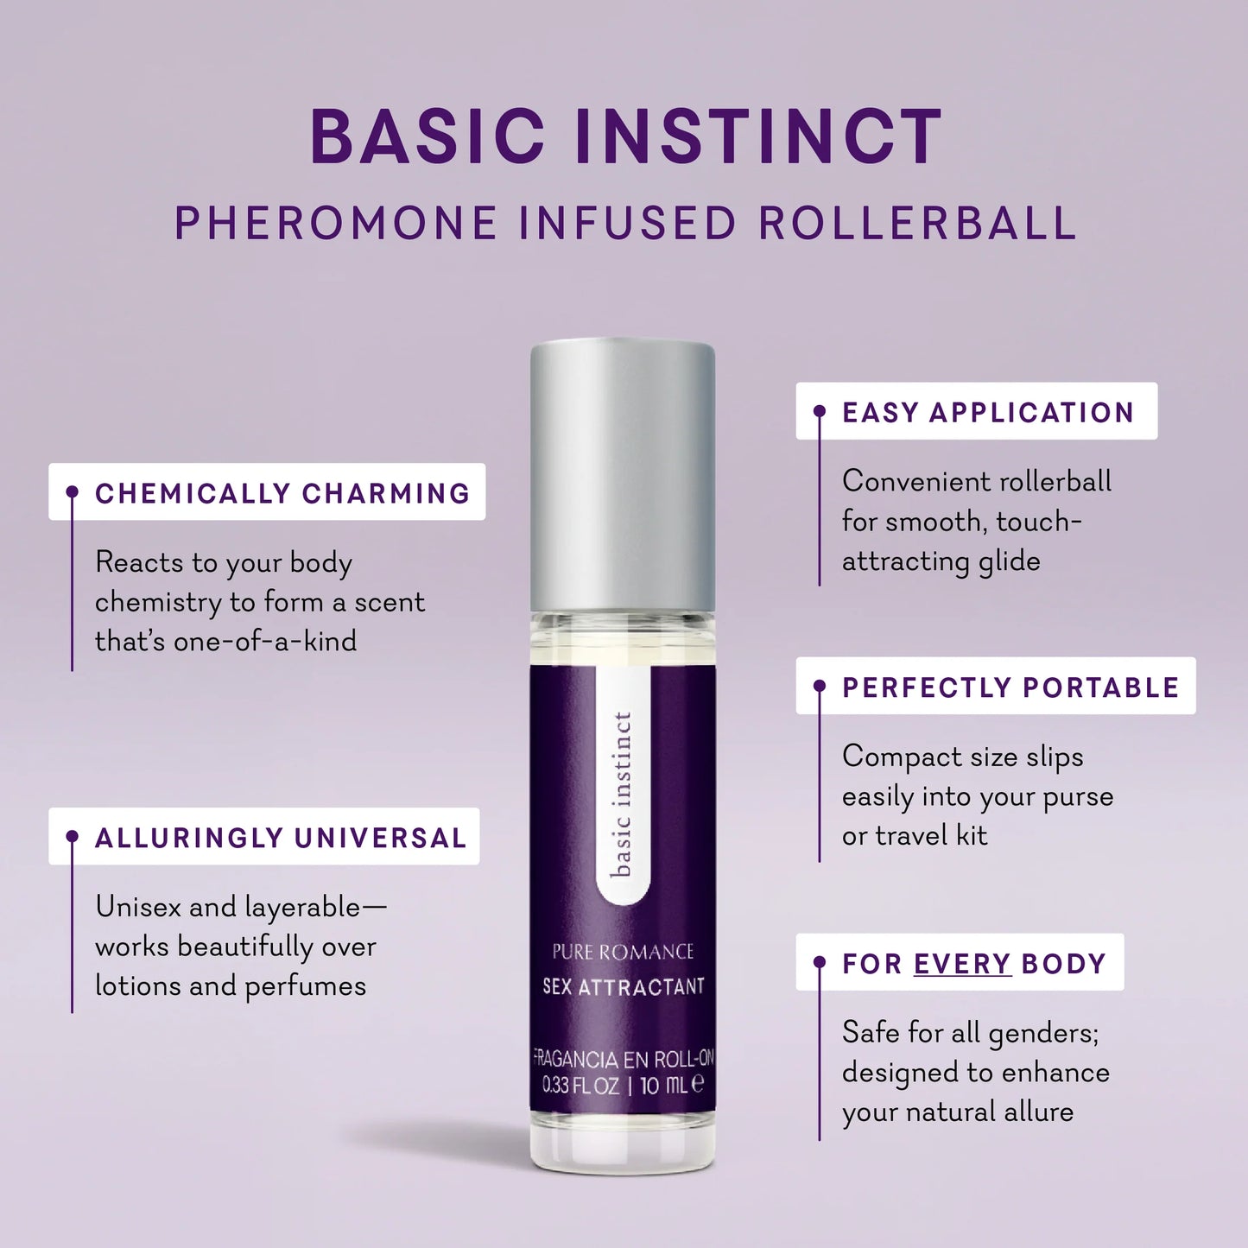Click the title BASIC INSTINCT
coord(624,136)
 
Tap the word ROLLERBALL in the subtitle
coord(917,224)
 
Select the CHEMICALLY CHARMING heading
coord(282,493)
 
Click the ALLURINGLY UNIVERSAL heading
coord(280,838)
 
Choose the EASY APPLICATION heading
coord(987,413)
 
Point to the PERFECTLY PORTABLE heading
coord(1010,687)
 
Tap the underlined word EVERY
coord(961,964)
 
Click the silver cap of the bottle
coord(623,475)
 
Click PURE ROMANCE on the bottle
coord(623,952)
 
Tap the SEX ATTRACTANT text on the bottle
coord(623,986)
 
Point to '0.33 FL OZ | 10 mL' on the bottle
coord(623,1085)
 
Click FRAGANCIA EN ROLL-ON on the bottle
coord(623,1059)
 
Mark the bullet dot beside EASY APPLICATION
coord(820,412)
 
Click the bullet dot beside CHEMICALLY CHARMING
coord(73,492)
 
